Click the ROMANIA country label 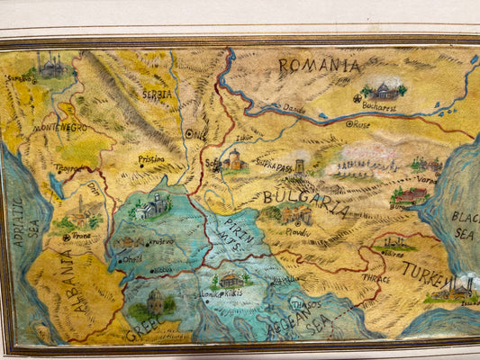319,65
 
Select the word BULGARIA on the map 306,203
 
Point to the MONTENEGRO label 60,128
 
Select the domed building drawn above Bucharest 385,90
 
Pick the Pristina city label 150,158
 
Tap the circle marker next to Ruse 349,124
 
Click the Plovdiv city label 297,231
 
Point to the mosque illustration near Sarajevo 50,65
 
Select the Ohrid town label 131,259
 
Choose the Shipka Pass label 274,166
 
